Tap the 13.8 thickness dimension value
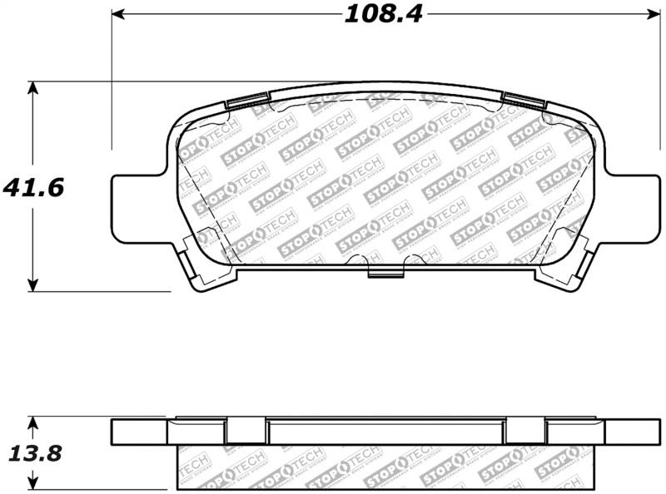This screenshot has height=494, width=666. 33,454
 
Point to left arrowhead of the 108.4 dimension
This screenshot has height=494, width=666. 118,14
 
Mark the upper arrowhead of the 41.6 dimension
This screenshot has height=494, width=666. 32,87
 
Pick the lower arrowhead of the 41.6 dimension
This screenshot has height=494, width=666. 32,285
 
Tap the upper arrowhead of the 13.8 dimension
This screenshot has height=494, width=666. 32,423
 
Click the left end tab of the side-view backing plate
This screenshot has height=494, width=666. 138,432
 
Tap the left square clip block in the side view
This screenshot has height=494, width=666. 246,431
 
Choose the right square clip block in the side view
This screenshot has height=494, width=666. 525,431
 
